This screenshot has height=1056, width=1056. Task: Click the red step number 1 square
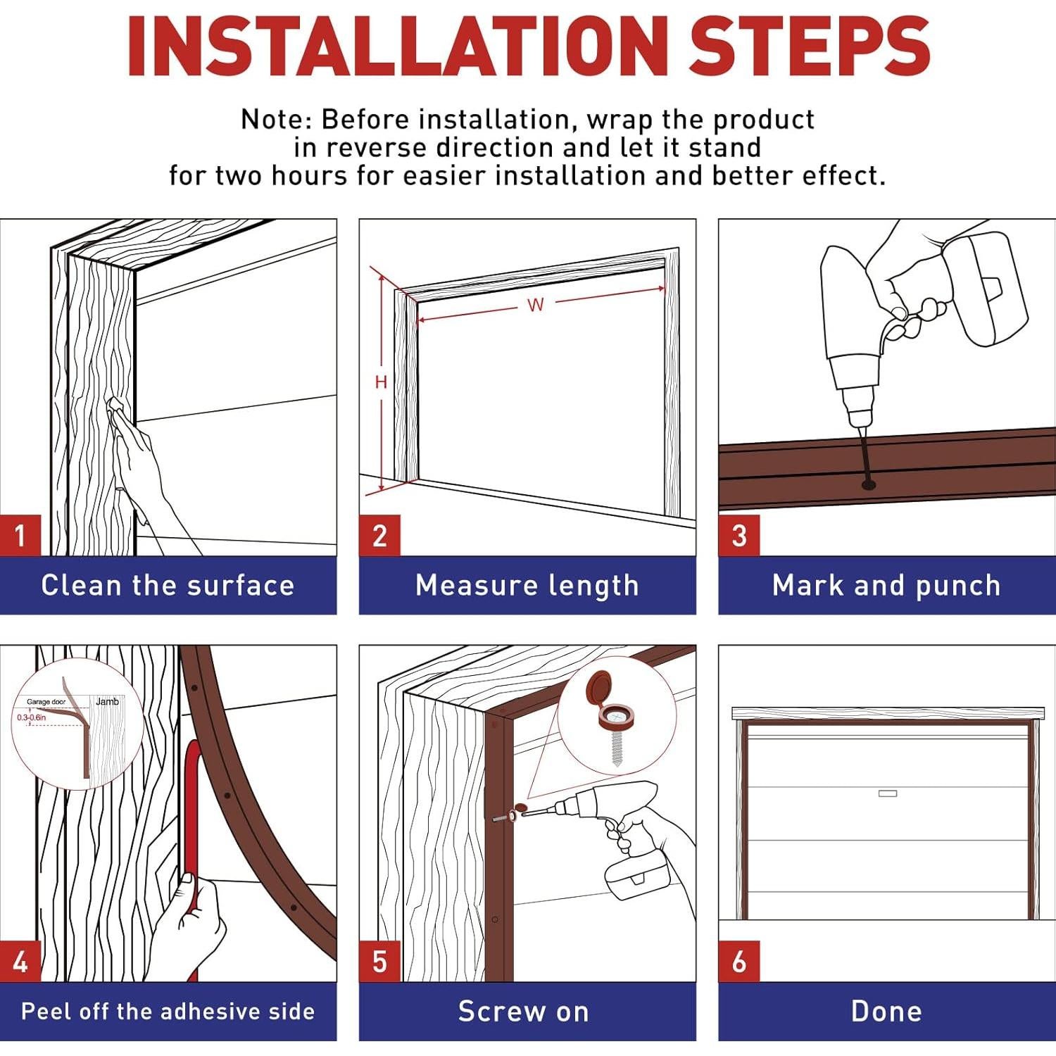20,535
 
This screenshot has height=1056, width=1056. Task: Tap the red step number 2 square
379,535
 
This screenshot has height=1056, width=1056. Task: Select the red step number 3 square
738,535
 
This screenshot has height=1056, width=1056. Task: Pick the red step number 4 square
20,961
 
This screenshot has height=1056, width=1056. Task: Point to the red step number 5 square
379,961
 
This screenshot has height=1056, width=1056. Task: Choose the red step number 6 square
738,961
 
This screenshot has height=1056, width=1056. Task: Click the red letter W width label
536,305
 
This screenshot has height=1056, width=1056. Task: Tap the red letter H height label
381,382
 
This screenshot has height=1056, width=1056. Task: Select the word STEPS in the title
810,46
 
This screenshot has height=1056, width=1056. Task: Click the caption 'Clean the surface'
168,586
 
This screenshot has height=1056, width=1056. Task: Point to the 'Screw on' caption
524,1012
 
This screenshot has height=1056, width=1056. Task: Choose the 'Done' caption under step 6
886,1012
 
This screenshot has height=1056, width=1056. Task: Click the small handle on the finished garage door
888,793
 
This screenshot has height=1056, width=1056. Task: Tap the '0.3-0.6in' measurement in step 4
31,717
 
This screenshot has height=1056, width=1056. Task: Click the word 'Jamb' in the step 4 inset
107,702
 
